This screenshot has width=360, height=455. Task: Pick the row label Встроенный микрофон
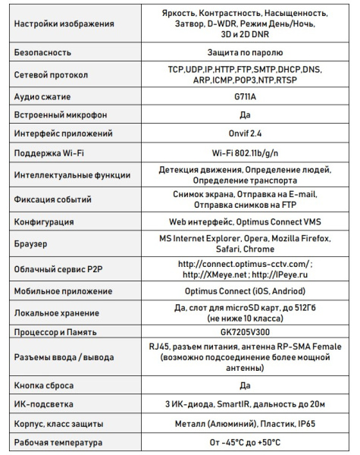tap(60, 115)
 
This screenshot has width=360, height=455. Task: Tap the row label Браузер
tap(32, 244)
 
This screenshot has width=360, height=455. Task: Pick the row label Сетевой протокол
tap(51, 75)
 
